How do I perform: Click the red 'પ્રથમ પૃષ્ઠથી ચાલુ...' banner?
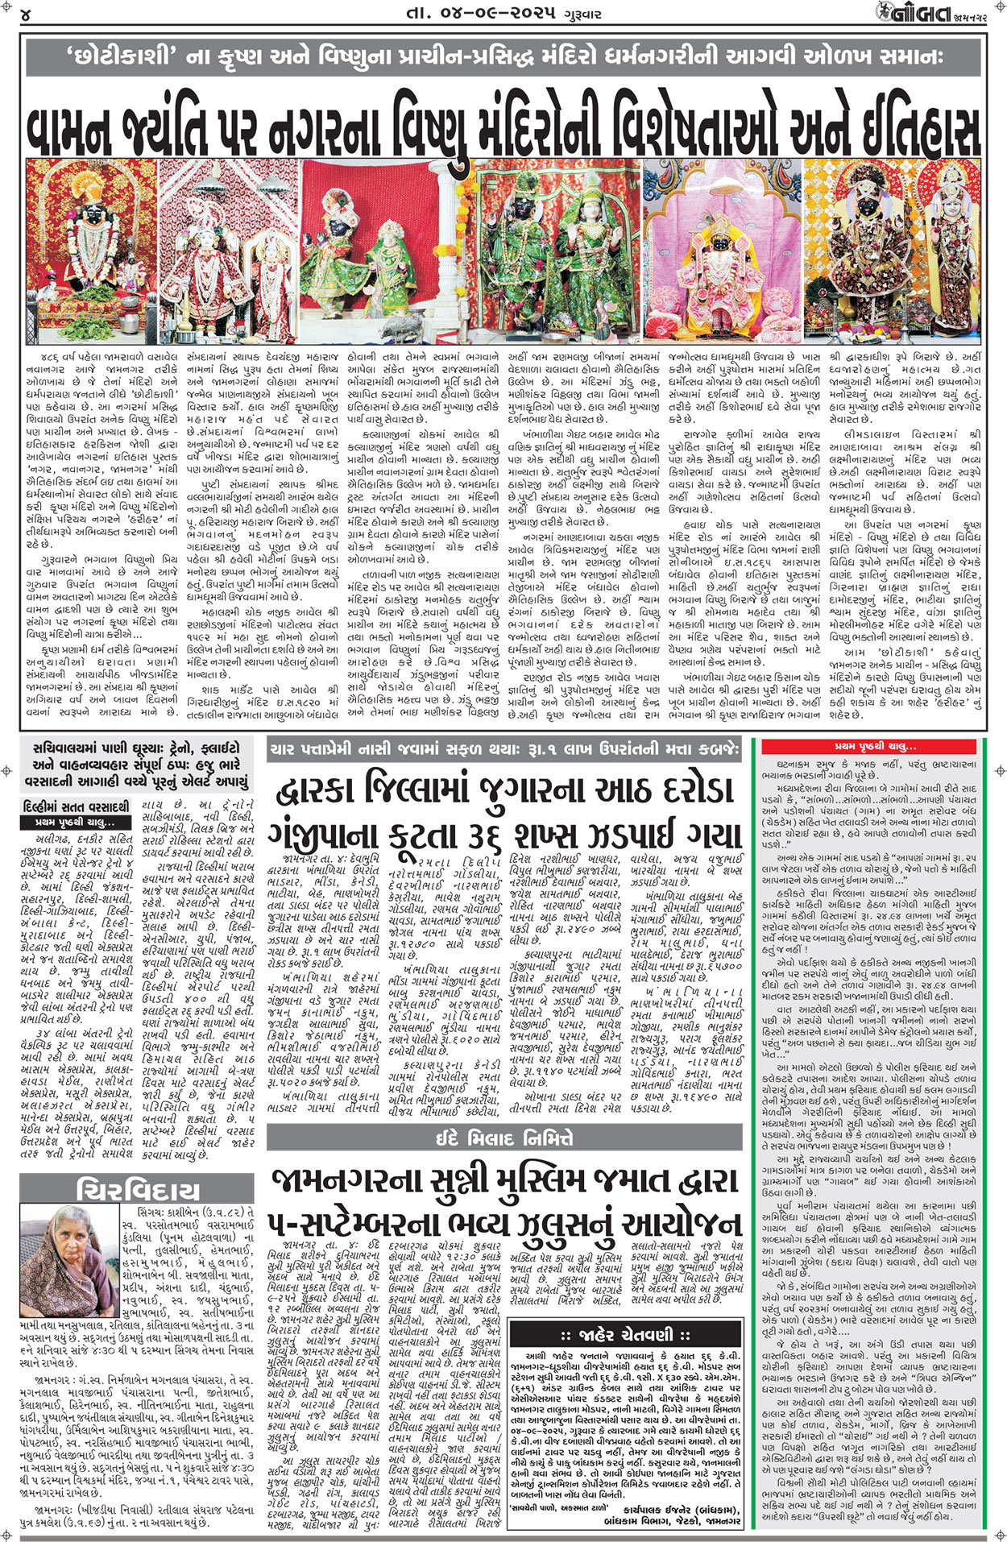875,747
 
